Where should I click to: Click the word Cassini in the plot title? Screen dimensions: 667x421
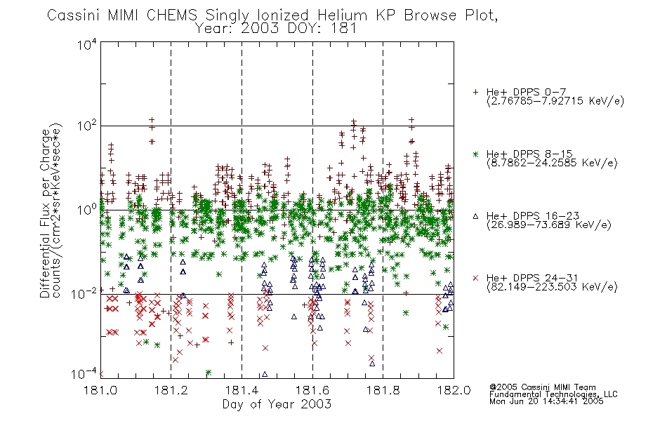click(x=73, y=15)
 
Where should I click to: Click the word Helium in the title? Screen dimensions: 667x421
click(x=342, y=15)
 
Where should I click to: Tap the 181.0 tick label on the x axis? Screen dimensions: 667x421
click(x=101, y=390)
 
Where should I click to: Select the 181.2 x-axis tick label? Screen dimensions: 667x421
click(x=171, y=390)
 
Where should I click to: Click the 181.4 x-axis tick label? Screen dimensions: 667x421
click(x=242, y=390)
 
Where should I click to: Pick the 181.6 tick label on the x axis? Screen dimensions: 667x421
click(x=312, y=390)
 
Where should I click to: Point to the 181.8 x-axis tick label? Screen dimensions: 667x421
click(x=383, y=390)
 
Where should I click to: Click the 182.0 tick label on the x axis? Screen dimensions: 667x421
click(x=454, y=390)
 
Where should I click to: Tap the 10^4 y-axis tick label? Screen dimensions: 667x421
click(x=87, y=44)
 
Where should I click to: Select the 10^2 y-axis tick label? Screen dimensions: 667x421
click(x=87, y=126)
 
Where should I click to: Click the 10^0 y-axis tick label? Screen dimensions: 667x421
click(x=87, y=210)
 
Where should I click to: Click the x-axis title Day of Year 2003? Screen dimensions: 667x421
click(x=277, y=404)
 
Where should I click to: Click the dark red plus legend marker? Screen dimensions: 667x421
click(x=475, y=92)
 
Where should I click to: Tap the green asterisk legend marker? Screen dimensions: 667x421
click(x=475, y=154)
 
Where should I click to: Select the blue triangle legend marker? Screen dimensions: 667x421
click(x=475, y=216)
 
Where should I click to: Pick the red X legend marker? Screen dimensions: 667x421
click(x=475, y=278)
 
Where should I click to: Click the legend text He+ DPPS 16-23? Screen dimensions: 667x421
click(x=533, y=216)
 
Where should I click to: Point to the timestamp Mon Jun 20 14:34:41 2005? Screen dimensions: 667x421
click(x=546, y=401)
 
